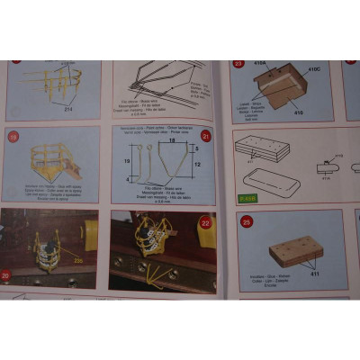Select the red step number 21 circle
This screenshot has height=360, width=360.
point(205,136)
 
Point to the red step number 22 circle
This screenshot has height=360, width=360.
point(205,221)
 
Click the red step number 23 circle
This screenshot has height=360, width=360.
point(238,64)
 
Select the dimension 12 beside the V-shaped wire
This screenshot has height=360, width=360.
point(196,164)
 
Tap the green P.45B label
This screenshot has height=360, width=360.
point(247,197)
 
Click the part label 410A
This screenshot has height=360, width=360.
point(262,65)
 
